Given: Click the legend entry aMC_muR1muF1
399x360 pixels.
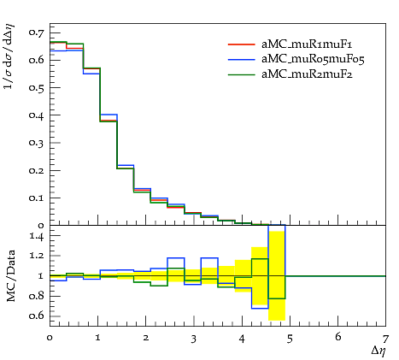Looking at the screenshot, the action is (x=307, y=44).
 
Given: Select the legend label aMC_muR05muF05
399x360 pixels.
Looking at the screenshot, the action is (x=313, y=59).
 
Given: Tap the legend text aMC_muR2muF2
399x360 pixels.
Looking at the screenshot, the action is (x=307, y=74).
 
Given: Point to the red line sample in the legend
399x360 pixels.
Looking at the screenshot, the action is (x=241, y=44).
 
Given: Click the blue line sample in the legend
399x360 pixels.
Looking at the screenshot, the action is (x=241, y=59).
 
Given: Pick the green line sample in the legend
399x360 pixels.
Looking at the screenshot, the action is (x=241, y=74).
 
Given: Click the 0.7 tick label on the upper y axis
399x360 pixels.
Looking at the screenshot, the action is (x=37, y=32).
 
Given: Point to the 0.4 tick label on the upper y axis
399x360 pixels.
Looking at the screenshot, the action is (x=37, y=115).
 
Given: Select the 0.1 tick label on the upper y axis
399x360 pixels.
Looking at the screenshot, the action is (x=37, y=198).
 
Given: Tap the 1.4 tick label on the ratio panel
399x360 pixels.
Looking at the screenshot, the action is (x=37, y=236).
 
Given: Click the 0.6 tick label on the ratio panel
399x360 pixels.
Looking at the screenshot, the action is (x=37, y=316).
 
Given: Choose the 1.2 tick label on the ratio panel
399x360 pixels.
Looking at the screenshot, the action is (x=37, y=256).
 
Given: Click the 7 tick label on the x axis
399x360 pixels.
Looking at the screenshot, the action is (x=385, y=339).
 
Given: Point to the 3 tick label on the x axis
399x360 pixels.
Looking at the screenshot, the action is (x=194, y=339).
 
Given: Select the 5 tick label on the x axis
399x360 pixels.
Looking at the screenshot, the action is (x=290, y=339).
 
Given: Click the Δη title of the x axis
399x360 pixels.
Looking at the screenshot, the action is (x=378, y=351).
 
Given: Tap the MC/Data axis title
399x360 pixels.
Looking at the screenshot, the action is (x=11, y=276).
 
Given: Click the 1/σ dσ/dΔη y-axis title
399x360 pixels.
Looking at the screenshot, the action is (x=9, y=56).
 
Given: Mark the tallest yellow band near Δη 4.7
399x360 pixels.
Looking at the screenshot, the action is (x=277, y=275).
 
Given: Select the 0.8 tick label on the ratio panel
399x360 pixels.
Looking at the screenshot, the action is (x=37, y=296).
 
